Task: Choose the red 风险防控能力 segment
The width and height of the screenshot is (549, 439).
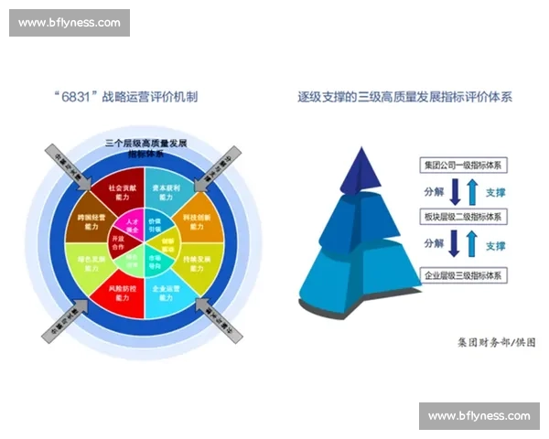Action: (x=119, y=293)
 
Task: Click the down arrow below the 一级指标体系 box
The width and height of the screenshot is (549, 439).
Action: (x=455, y=192)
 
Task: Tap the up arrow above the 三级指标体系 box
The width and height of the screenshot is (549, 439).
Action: (x=471, y=246)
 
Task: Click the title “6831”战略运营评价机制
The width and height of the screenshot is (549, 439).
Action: (x=139, y=95)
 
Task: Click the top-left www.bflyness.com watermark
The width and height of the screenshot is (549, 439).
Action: (x=70, y=22)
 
